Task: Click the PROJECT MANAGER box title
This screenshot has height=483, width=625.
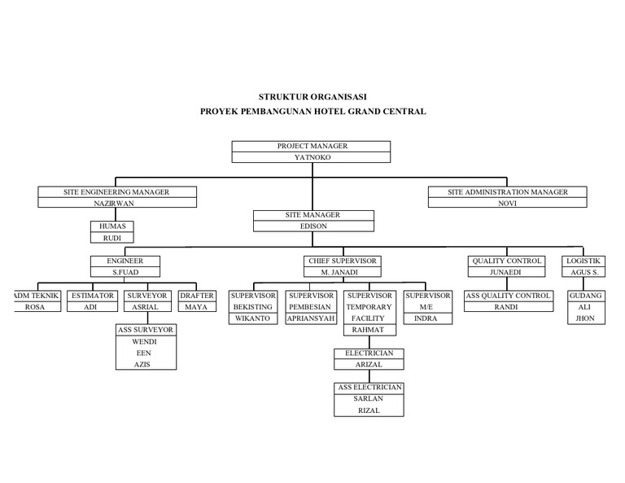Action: (312, 146)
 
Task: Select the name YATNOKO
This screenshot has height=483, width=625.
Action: (312, 157)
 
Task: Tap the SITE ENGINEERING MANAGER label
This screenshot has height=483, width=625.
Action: (116, 192)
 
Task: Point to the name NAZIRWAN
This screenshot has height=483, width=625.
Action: (116, 204)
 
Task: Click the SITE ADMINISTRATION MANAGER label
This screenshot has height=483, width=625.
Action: (508, 192)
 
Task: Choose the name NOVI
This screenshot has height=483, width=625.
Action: (508, 204)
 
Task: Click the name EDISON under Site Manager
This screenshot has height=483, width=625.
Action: (313, 226)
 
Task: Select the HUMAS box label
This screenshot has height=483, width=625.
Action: (111, 226)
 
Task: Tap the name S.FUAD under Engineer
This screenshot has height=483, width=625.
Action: (125, 272)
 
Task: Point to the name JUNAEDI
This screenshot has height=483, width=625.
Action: (506, 272)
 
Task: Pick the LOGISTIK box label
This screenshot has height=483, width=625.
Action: (583, 261)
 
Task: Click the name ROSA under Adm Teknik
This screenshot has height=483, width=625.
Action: (35, 307)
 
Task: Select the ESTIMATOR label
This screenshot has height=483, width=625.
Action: (92, 295)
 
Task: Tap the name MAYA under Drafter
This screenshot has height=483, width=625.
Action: (196, 307)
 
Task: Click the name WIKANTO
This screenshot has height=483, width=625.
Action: (253, 318)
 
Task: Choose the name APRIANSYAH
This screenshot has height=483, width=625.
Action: (312, 318)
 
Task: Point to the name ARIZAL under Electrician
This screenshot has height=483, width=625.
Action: (369, 365)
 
